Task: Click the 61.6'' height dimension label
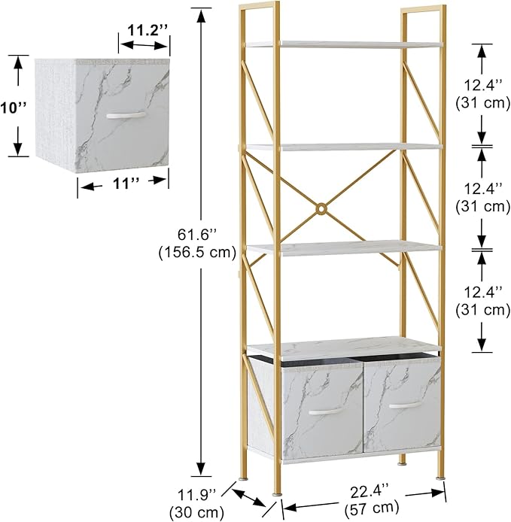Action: pyautogui.click(x=197, y=235)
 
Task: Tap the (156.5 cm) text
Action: pyautogui.click(x=197, y=252)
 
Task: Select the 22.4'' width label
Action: pyautogui.click(x=370, y=491)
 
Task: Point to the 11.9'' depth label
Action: pyautogui.click(x=197, y=495)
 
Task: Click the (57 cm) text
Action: pyautogui.click(x=372, y=508)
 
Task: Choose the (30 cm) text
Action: pyautogui.click(x=196, y=512)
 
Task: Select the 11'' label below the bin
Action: pyautogui.click(x=126, y=183)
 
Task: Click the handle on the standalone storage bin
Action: pyautogui.click(x=126, y=115)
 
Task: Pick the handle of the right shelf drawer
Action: pyautogui.click(x=406, y=405)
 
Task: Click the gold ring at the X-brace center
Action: pyautogui.click(x=321, y=209)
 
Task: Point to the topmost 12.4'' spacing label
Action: pyautogui.click(x=482, y=86)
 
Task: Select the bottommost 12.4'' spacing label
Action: pyautogui.click(x=482, y=293)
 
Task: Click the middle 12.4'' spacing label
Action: pyautogui.click(x=482, y=189)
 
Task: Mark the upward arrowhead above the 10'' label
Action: pyautogui.click(x=18, y=63)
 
